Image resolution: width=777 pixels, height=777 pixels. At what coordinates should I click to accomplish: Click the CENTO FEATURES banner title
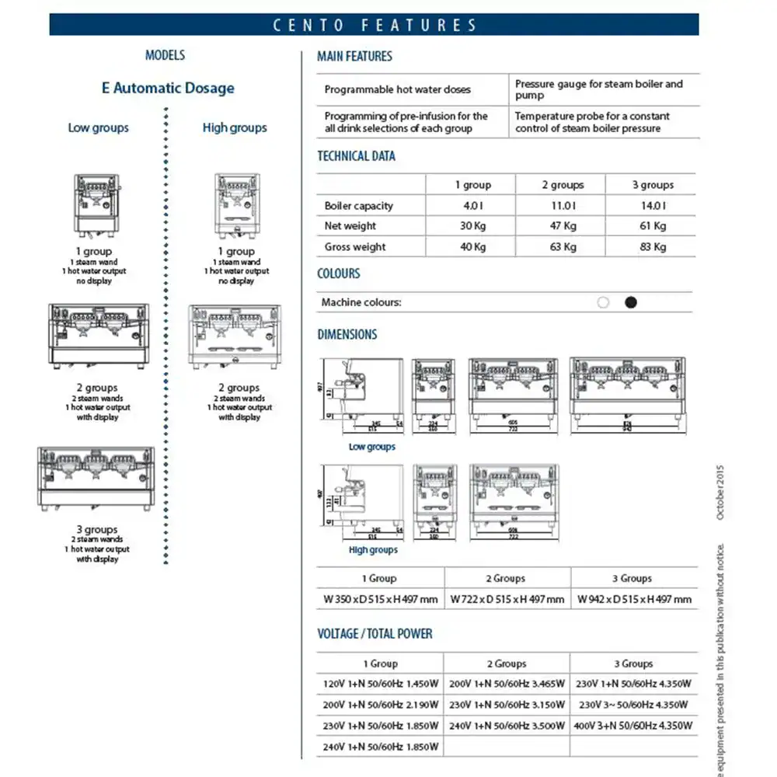coord(375,25)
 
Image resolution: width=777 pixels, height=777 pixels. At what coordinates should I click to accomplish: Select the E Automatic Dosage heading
coord(168,88)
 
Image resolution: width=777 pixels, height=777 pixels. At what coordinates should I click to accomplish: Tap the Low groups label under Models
coord(99,127)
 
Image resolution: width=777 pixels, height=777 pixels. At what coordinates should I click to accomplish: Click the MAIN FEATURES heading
coord(354,56)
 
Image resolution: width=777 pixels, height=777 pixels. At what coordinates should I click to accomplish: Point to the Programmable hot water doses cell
coord(398,89)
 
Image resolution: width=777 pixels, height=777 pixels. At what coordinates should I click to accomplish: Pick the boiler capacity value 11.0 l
coord(562,206)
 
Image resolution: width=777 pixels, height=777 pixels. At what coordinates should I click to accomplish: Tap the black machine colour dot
coord(631,302)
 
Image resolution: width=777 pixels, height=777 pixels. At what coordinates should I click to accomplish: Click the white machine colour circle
coord(603,302)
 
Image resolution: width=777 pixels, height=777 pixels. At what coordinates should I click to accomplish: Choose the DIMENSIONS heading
coord(347,335)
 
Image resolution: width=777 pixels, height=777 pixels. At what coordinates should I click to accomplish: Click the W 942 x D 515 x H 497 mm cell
coord(635,599)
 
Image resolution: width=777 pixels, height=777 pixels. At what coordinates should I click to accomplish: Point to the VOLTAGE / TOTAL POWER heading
coord(375,634)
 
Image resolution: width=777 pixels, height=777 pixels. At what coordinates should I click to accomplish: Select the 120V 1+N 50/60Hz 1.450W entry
coord(380,685)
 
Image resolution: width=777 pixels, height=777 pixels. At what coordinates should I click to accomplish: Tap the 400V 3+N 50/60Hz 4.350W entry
coord(634,726)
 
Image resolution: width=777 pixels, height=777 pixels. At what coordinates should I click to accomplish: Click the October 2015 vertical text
coord(720,493)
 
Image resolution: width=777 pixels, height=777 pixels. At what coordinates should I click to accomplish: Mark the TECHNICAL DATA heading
coord(356,156)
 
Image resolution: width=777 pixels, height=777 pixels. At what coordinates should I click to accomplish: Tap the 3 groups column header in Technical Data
coord(653,185)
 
